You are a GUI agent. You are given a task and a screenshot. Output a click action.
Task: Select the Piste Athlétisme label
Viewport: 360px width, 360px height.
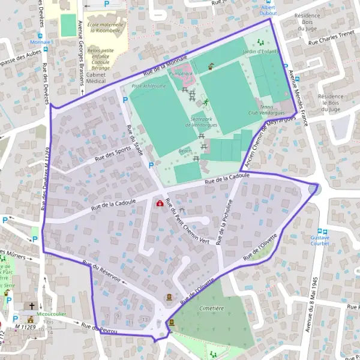point(148,86)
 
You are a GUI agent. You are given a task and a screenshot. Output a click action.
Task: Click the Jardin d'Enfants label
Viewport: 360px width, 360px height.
point(261,51)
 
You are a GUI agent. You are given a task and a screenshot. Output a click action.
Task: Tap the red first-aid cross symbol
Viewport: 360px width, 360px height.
point(160,203)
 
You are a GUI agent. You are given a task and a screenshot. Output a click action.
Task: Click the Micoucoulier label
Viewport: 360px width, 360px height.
point(49,313)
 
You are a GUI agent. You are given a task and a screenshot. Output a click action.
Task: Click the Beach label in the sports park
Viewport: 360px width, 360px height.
point(185,151)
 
